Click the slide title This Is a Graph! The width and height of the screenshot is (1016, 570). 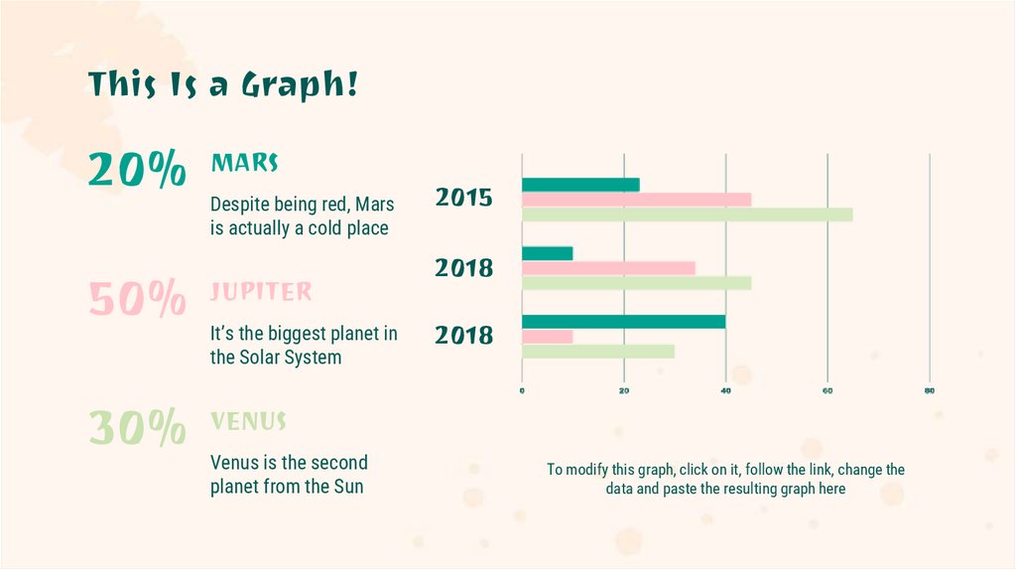point(223,84)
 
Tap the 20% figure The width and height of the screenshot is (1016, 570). point(137,171)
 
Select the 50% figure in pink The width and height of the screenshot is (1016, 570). point(137,299)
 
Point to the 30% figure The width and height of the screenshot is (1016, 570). point(137,428)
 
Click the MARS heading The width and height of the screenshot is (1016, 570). point(244,162)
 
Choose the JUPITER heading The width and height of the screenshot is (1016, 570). point(260,292)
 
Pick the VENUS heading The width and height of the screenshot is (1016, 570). point(248,421)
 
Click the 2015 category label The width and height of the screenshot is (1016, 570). point(463,198)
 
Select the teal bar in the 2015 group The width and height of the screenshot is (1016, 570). point(580,184)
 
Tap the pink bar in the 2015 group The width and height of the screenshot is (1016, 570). point(636,199)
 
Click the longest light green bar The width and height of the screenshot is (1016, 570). point(687,214)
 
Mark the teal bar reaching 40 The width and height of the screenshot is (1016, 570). point(623,321)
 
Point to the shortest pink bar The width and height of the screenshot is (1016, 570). point(547,336)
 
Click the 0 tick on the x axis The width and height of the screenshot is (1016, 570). point(522,390)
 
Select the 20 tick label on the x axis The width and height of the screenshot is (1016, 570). point(624,390)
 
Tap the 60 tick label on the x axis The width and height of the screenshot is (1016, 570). point(827,390)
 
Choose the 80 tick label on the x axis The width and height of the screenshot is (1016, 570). point(930,390)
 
